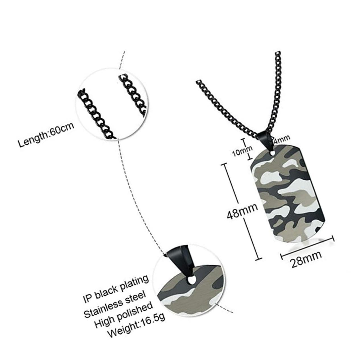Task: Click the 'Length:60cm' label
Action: tap(46, 135)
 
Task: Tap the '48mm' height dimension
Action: tap(242, 211)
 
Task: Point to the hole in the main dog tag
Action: tap(272, 154)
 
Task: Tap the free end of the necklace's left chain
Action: tap(198, 81)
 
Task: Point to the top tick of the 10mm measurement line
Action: tap(243, 139)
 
